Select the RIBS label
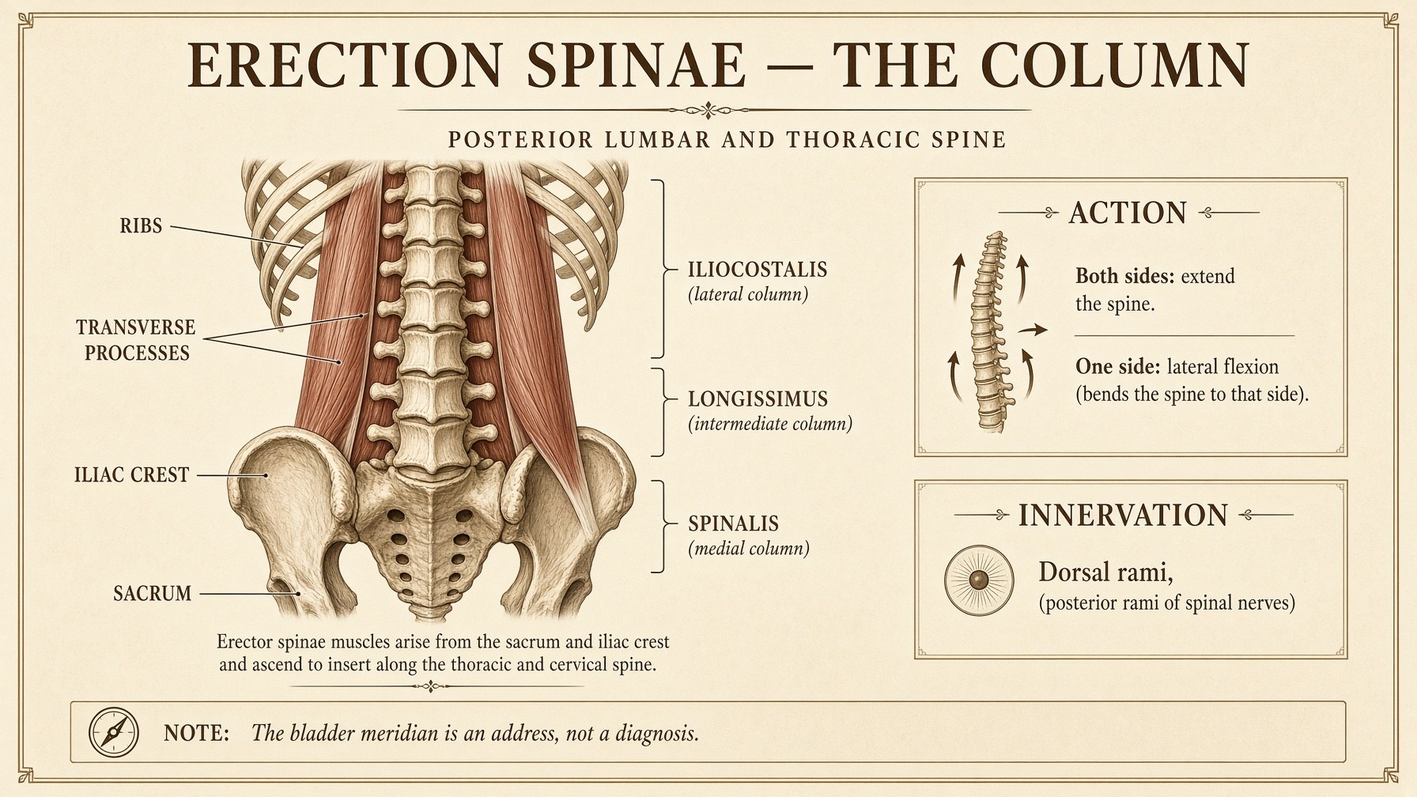tap(141, 226)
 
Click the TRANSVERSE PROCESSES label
tap(136, 340)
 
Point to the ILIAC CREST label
tap(131, 475)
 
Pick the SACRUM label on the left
tap(153, 594)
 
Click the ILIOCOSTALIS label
tap(758, 270)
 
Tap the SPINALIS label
tap(733, 524)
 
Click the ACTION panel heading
tap(1128, 213)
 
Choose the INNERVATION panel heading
tap(1123, 516)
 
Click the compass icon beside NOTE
tap(114, 732)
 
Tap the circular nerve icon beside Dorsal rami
tap(979, 581)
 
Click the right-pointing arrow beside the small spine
tap(1033, 331)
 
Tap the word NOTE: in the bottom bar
tap(196, 733)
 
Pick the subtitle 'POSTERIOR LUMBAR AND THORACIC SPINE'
tap(727, 141)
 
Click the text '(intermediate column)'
tap(770, 425)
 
